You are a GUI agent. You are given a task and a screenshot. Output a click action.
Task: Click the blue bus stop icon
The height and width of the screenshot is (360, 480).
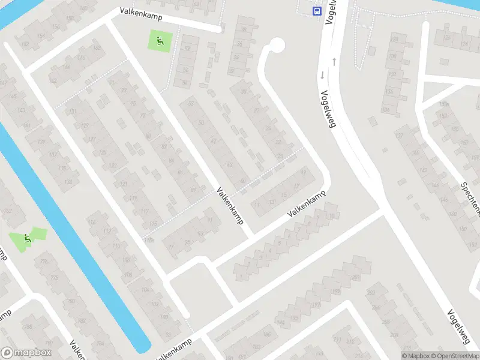pos(316,10)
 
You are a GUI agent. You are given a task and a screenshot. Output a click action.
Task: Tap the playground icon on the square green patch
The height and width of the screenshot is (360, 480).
pos(159,41)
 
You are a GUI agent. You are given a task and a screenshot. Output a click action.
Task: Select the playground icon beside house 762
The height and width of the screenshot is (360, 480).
pos(27,238)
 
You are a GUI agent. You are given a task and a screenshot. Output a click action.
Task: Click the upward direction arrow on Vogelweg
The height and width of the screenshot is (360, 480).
pos(333,61)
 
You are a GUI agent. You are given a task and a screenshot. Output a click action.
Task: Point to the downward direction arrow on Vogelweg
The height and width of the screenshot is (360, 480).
pos(322,76)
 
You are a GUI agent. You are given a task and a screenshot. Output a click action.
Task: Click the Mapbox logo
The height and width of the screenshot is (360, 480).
pos(26,353)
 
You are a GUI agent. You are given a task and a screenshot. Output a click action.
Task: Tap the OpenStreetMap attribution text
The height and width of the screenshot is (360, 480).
pos(457,356)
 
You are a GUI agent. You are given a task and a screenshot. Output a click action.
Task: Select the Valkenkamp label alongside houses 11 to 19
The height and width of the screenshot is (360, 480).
pos(306,204)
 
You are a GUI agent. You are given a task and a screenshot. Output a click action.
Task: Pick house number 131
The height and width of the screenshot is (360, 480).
pos(73,112)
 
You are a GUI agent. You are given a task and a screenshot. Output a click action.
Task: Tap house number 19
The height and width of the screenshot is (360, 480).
pos(303,173)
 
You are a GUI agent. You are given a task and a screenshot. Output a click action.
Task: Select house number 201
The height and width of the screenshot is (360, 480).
pos(356,277)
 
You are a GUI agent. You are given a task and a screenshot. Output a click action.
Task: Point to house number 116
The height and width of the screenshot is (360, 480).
pos(91,223)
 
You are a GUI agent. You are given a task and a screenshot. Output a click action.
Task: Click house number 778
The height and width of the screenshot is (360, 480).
pos(44,261)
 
